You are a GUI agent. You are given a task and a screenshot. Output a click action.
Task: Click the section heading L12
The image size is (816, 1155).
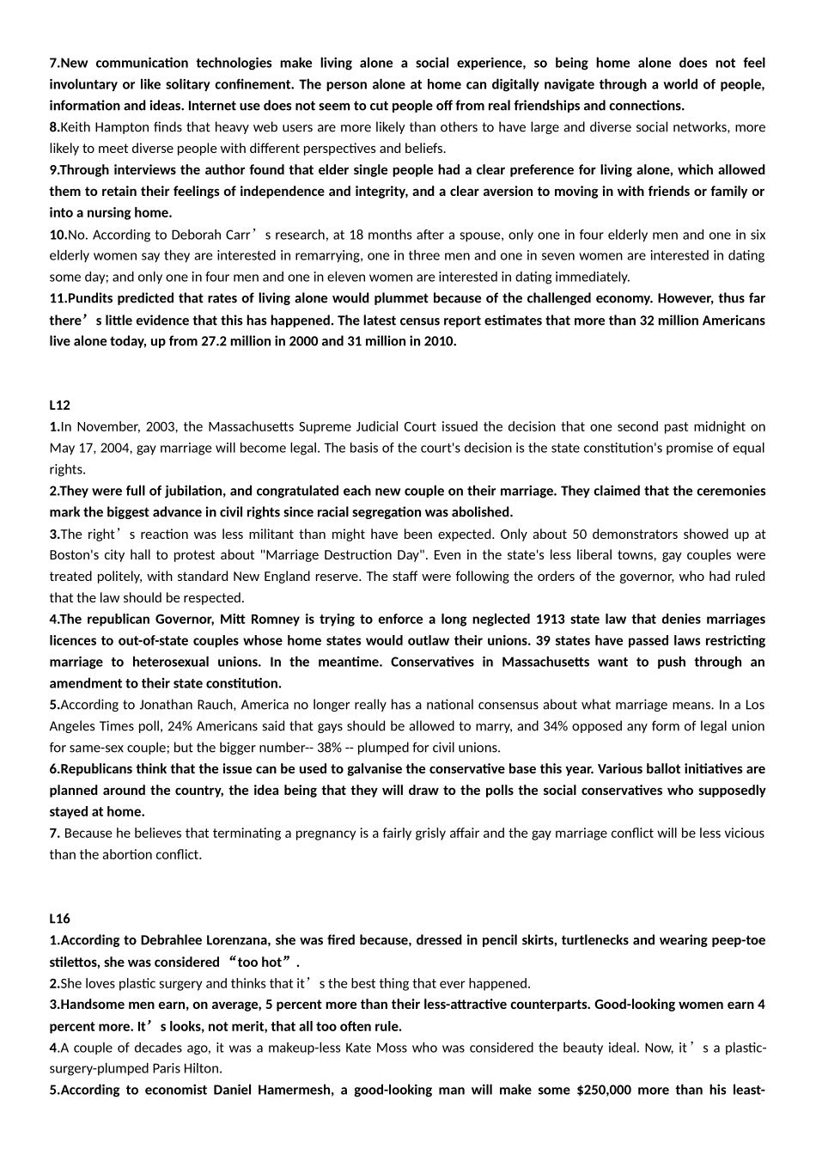(x=59, y=405)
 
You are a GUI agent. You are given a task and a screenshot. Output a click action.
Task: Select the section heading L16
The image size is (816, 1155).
(x=59, y=919)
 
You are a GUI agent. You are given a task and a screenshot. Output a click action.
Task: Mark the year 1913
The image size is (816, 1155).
(x=550, y=619)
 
